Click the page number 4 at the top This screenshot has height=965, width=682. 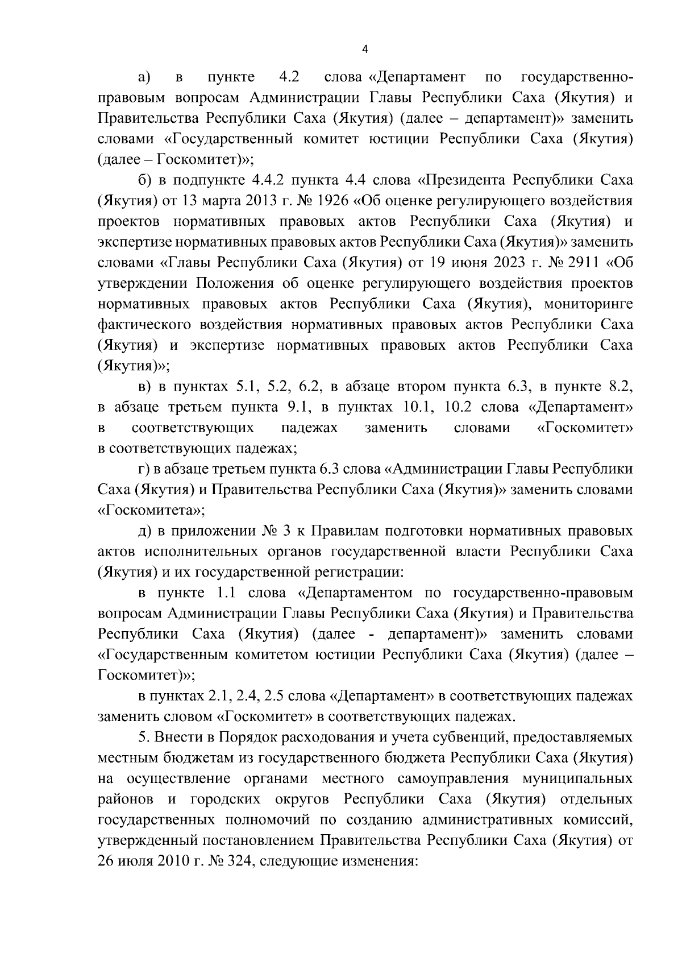pyautogui.click(x=365, y=49)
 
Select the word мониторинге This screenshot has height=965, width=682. pyautogui.click(x=588, y=304)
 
